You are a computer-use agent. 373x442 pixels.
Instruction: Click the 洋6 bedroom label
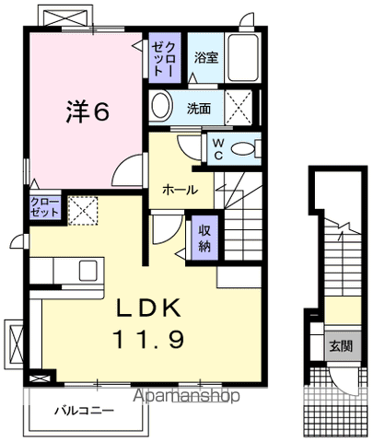87,110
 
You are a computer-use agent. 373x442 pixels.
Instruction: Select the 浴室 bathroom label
205,58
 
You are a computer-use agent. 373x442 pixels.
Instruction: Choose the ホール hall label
179,189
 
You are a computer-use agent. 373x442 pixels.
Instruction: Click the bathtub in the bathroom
246,59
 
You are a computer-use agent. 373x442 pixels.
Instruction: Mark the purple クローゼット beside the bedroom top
163,58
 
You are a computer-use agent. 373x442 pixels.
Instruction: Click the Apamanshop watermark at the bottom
188,396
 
